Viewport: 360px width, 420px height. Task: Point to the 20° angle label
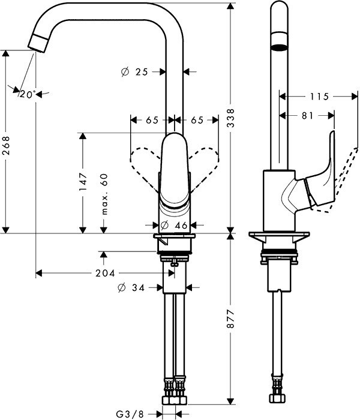pyautogui.click(x=27, y=94)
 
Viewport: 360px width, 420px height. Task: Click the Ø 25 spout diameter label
pyautogui.click(x=135, y=71)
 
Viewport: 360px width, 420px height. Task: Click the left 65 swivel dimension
pyautogui.click(x=152, y=120)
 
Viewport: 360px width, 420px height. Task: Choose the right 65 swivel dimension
pyautogui.click(x=197, y=120)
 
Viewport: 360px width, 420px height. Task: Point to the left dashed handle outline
pyautogui.click(x=143, y=161)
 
